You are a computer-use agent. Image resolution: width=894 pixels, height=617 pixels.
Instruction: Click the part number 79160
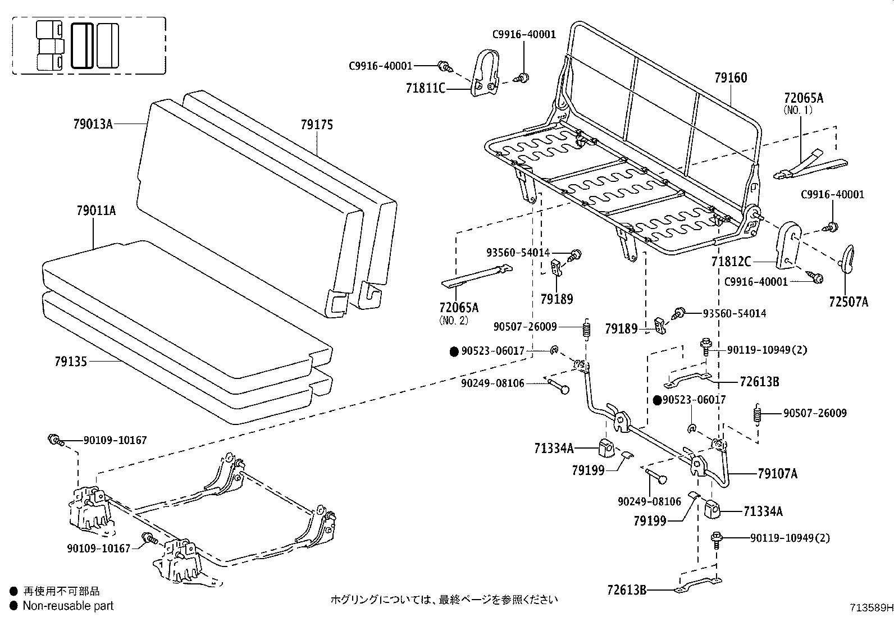(731, 78)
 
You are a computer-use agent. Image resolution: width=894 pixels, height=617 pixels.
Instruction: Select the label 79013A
(93, 124)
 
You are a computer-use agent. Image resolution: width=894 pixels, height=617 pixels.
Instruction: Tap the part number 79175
(317, 125)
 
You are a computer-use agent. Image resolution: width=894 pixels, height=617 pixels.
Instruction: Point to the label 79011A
(96, 211)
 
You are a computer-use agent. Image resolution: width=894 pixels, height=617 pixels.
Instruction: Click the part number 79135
(71, 362)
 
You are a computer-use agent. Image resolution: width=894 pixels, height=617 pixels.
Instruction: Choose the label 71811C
(425, 88)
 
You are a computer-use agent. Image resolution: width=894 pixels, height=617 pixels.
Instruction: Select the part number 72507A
(848, 302)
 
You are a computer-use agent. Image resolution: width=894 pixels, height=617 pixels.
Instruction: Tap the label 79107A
(777, 474)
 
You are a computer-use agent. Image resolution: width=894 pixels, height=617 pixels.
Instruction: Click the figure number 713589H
(870, 607)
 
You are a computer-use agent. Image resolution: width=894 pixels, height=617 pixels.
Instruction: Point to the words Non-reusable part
(68, 606)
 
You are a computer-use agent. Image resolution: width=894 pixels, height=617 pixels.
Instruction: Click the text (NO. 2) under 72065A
(453, 321)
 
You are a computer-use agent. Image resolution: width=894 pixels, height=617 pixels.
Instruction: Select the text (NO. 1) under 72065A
(798, 111)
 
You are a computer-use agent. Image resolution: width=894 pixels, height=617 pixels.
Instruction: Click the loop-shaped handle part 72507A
(847, 258)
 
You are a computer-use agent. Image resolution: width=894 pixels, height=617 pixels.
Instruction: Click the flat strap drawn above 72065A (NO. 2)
(477, 276)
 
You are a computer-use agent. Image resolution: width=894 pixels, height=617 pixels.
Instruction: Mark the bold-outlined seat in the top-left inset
(83, 45)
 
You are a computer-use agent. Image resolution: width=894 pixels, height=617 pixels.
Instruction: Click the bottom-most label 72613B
(627, 590)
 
